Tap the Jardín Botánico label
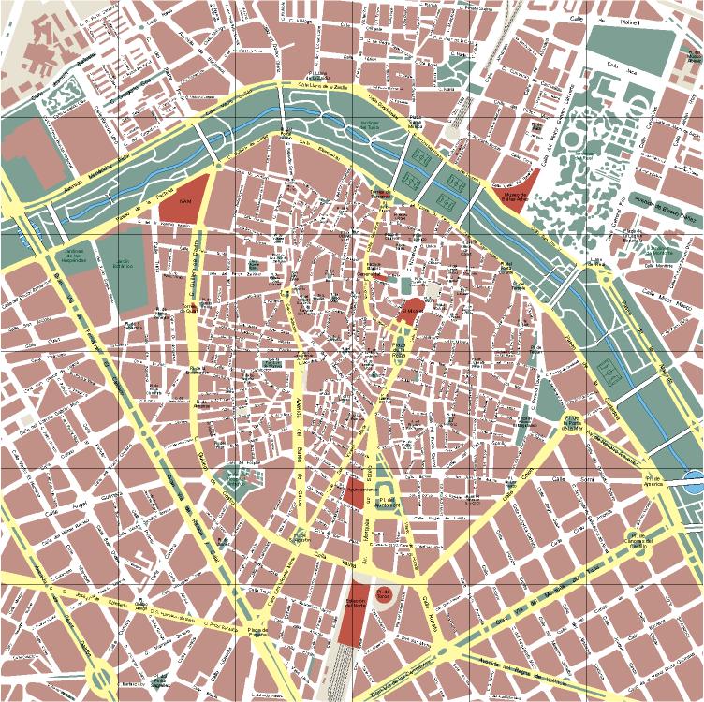[115, 263]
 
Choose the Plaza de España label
[258, 633]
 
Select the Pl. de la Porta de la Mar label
[572, 424]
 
